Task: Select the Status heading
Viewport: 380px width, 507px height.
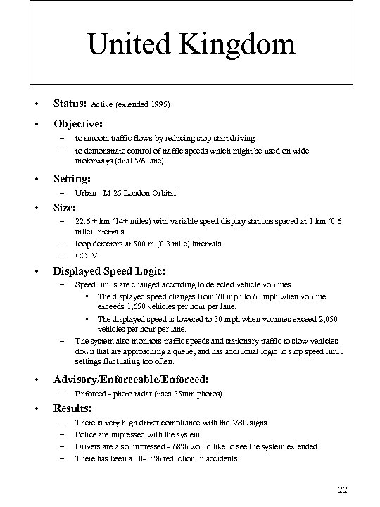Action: tap(70, 104)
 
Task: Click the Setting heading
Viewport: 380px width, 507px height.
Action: tap(72, 178)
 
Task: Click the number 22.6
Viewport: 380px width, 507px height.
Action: tap(84, 220)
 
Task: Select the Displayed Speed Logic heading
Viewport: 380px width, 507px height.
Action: tap(110, 270)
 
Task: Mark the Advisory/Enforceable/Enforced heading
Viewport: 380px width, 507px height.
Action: tap(131, 379)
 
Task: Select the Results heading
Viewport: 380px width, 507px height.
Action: tap(73, 408)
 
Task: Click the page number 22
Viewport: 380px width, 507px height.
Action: tap(343, 490)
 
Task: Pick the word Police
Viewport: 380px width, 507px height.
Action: tap(86, 434)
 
